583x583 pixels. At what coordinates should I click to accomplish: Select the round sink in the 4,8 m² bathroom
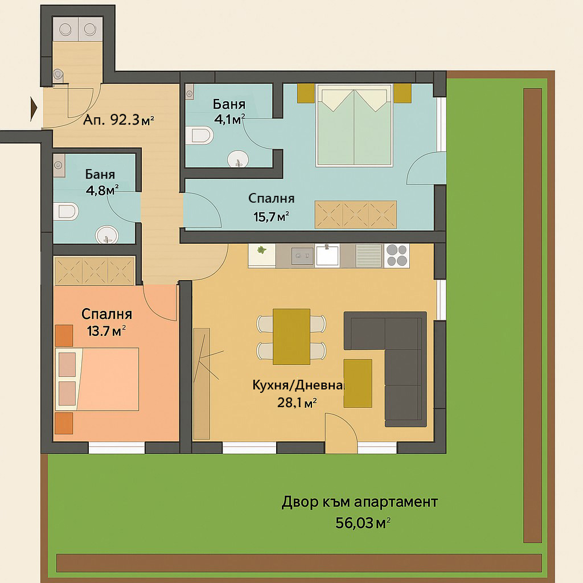[x=106, y=235]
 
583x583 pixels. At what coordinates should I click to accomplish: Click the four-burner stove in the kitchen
[x=397, y=255]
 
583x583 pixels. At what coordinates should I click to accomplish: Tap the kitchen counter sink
[x=327, y=256]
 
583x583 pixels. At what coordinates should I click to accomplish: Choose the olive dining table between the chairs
[x=291, y=336]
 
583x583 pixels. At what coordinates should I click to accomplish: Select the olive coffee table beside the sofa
[x=358, y=383]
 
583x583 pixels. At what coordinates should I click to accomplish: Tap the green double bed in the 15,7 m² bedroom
[x=355, y=125]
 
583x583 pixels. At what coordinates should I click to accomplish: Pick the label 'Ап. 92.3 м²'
[x=119, y=121]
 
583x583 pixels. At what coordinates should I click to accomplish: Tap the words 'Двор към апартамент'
[x=360, y=503]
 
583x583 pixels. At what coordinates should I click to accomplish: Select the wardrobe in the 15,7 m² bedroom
[x=356, y=214]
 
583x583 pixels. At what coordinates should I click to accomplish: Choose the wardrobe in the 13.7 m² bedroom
[x=94, y=270]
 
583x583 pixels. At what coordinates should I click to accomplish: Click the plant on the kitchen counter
[x=261, y=250]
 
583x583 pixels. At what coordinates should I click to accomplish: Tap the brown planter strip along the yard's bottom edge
[x=299, y=563]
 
